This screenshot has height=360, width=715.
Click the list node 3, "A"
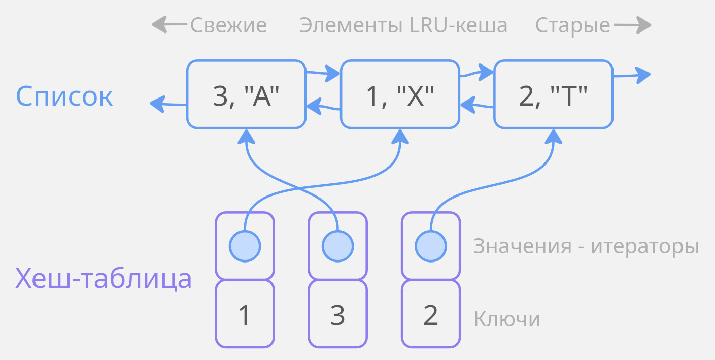coord(246,94)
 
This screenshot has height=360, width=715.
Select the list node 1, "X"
coord(400,94)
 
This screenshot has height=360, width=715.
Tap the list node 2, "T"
coord(553,94)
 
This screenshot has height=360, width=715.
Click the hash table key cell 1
coord(245,315)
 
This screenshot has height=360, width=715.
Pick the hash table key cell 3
coord(337,315)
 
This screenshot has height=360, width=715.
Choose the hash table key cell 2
coord(430,315)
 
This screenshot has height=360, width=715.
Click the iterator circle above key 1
coord(245,246)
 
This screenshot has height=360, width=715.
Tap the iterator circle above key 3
coord(337,246)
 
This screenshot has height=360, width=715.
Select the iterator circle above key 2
coord(430,246)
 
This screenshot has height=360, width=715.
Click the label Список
coord(64,96)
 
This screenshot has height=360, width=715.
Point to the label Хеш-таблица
coord(104,278)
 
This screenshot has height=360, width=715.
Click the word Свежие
coord(228,25)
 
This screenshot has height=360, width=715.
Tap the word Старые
coord(572,25)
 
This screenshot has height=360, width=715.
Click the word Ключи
coord(506,319)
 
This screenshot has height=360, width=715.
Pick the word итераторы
coord(645,247)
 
